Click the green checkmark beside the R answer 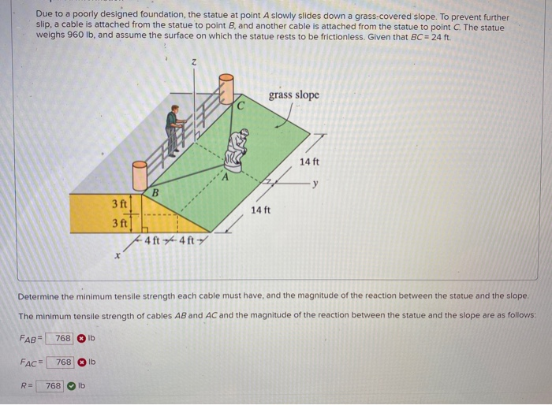72,386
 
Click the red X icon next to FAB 81,338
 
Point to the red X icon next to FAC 81,362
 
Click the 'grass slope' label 293,95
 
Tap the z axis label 193,62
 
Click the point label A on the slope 224,178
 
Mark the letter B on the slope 155,191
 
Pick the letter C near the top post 241,104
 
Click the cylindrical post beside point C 226,89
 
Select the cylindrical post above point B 140,174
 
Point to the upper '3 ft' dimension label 119,205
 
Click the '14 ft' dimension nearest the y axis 309,162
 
